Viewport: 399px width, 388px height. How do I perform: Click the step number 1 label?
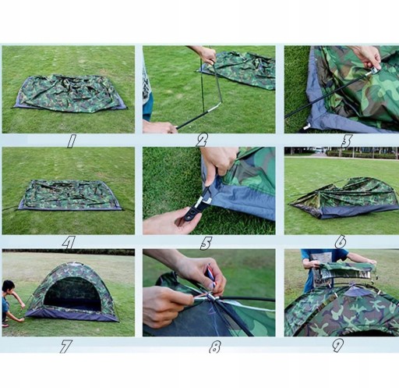tap(71, 141)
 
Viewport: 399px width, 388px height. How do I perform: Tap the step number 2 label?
tap(202, 140)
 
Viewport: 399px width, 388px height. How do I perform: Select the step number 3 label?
tap(346, 141)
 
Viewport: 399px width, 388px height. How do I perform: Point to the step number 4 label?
tap(69, 242)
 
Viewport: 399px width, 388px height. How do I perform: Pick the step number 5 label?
tap(207, 243)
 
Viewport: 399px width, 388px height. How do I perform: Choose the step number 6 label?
tap(341, 242)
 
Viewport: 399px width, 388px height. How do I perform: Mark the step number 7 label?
tap(66, 347)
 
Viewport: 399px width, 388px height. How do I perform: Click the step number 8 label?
tap(215, 347)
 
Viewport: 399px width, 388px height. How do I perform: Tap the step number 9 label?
tap(338, 345)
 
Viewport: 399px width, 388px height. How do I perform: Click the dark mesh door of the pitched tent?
tap(72, 294)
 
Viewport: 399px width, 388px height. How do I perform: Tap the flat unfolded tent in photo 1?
tap(70, 94)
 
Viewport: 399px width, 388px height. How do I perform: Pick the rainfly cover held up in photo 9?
tap(347, 271)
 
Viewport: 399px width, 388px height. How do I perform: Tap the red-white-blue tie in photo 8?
tap(212, 276)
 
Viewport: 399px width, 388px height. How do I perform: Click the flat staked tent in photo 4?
tap(69, 195)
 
